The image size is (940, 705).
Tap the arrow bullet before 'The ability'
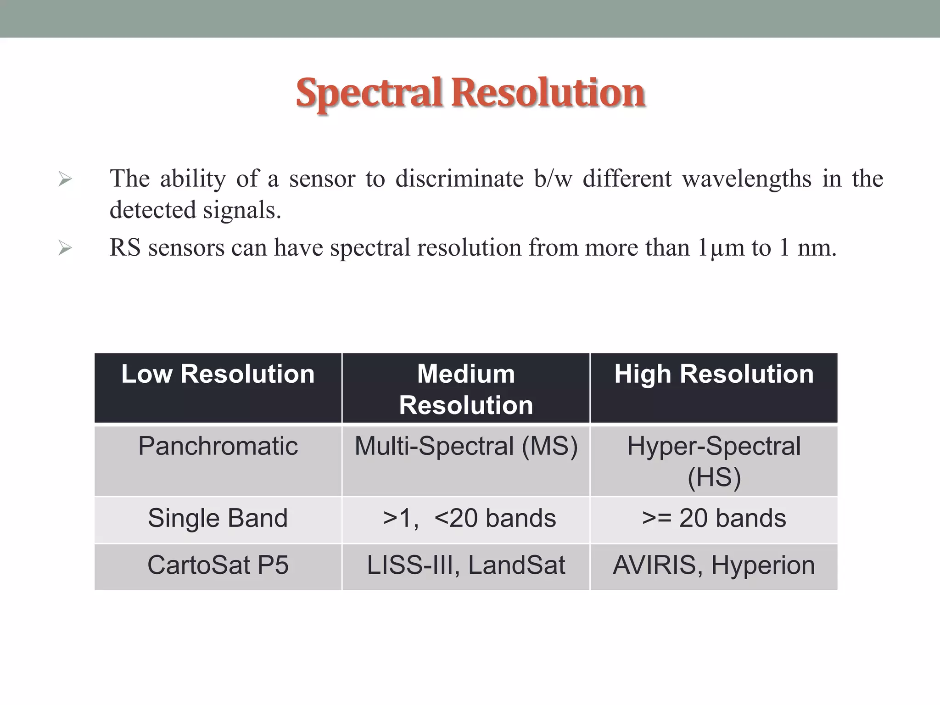[x=65, y=179]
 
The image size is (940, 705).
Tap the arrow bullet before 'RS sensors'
[x=65, y=248]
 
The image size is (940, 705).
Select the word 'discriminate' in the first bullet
[x=459, y=179]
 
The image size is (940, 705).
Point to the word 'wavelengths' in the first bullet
[x=746, y=179]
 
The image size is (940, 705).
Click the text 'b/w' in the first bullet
[x=553, y=179]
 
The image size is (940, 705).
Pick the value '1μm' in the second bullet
[x=721, y=248]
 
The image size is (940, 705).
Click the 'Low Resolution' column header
[x=218, y=374]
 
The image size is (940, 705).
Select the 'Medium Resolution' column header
[x=466, y=389]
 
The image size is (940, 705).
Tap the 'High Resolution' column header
[x=714, y=374]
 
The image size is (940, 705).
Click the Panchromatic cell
[x=218, y=446]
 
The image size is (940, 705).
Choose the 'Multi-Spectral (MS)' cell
[x=466, y=446]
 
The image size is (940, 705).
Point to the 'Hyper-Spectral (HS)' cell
[x=714, y=461]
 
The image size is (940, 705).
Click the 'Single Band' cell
[x=218, y=518]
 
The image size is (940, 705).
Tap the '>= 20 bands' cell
[x=714, y=518]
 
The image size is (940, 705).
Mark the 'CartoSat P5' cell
[x=218, y=565]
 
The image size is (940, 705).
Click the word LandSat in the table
[x=516, y=565]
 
